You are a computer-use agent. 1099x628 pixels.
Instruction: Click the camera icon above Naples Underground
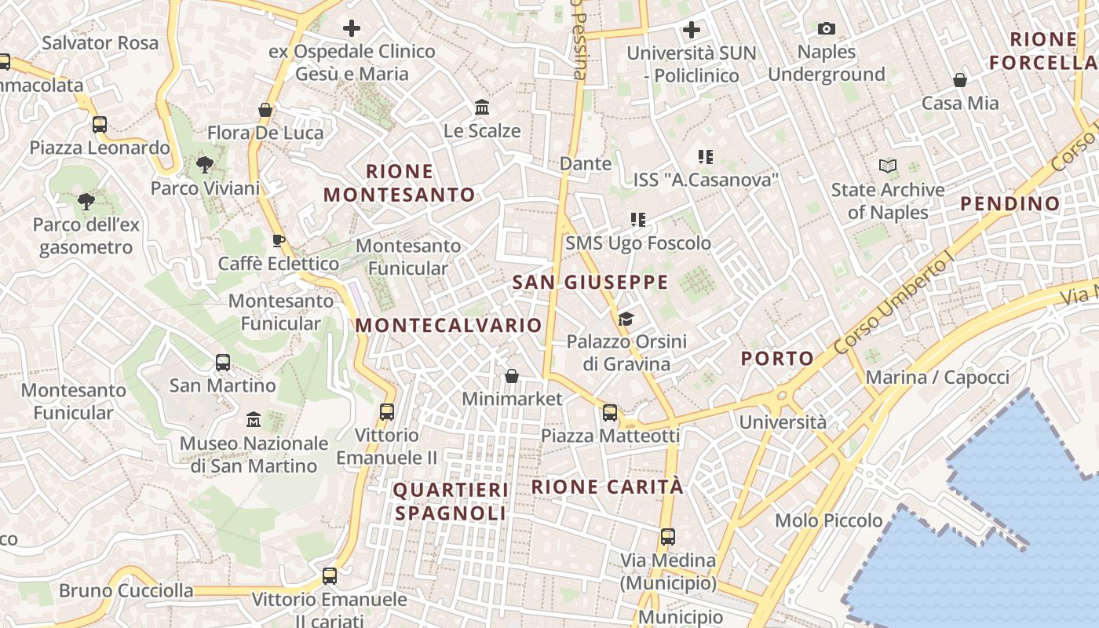pyautogui.click(x=826, y=29)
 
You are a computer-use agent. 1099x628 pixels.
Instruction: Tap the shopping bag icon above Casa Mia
pyautogui.click(x=959, y=80)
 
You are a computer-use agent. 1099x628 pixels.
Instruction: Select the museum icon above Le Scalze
pyautogui.click(x=482, y=107)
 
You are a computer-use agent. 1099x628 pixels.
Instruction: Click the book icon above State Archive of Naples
pyautogui.click(x=888, y=166)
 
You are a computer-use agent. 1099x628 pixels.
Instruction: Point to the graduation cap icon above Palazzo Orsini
pyautogui.click(x=626, y=319)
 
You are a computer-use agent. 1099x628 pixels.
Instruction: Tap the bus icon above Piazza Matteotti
pyautogui.click(x=610, y=412)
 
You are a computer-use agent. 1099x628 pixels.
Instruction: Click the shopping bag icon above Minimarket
pyautogui.click(x=512, y=376)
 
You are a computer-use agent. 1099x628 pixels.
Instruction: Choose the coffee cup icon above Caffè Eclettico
pyautogui.click(x=278, y=240)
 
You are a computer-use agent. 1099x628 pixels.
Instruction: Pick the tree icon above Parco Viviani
pyautogui.click(x=205, y=165)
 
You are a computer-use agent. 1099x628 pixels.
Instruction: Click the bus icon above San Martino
pyautogui.click(x=223, y=363)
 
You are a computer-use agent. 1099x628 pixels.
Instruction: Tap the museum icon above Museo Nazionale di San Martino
pyautogui.click(x=254, y=420)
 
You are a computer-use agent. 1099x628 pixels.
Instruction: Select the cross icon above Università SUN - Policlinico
pyautogui.click(x=692, y=30)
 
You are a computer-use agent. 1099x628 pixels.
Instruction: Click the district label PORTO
pyautogui.click(x=778, y=359)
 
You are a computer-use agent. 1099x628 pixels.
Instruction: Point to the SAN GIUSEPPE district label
pyautogui.click(x=590, y=282)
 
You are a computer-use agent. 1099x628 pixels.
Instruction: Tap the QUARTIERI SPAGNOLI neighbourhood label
pyautogui.click(x=451, y=502)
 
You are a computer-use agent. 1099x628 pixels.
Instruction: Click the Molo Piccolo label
pyautogui.click(x=828, y=520)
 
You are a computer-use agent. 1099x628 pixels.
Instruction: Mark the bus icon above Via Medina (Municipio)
pyautogui.click(x=668, y=537)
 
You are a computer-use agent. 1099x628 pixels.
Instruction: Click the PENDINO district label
pyautogui.click(x=1010, y=203)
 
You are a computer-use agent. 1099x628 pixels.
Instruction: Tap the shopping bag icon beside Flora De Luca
pyautogui.click(x=265, y=110)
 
